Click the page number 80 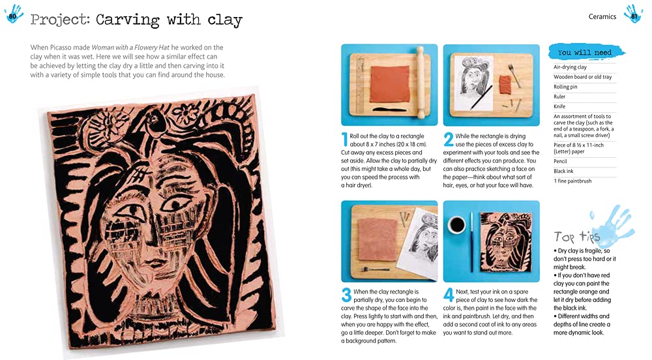[x=12, y=16]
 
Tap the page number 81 [x=634, y=16]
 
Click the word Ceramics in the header [x=602, y=16]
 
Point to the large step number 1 [x=344, y=140]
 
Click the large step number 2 [x=449, y=140]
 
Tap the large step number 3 [x=346, y=295]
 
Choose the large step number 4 [x=449, y=295]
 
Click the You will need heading [x=585, y=52]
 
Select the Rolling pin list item [x=565, y=87]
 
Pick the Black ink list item [x=563, y=171]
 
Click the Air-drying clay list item [x=570, y=67]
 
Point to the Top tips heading [x=577, y=237]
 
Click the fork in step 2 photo [x=514, y=74]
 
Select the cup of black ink [x=456, y=224]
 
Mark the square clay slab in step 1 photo [x=390, y=84]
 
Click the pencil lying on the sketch [x=482, y=97]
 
